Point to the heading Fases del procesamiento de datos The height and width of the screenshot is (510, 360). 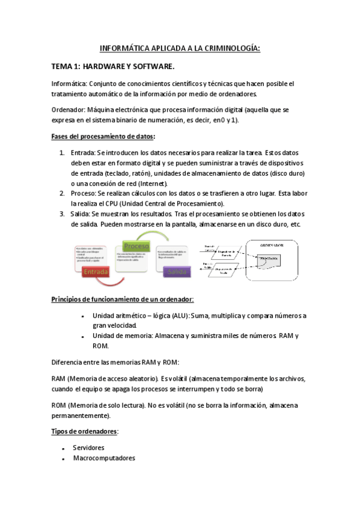pos(103,137)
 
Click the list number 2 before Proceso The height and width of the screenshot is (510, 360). pos(62,194)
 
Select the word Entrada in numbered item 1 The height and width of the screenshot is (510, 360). pos(83,153)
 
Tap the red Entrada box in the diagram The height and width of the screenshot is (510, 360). pos(97,272)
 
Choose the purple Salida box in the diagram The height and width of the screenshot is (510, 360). pos(178,272)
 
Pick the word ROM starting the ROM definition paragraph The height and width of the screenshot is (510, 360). pos(58,405)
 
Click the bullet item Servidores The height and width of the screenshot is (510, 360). pos(88,447)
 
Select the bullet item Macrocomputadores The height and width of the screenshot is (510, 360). pos(104,458)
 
